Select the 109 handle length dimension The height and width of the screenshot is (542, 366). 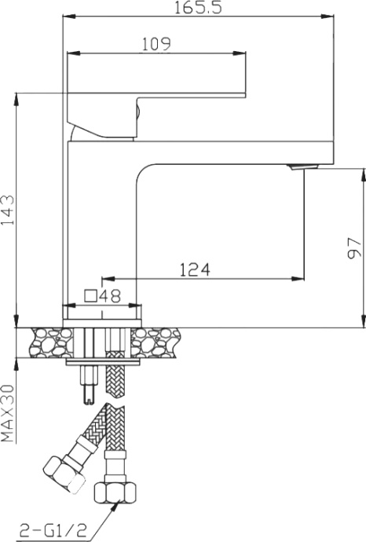click(156, 45)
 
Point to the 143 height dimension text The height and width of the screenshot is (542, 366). click(8, 211)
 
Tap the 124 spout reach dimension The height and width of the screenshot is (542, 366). click(194, 269)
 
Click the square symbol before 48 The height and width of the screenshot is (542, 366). click(90, 296)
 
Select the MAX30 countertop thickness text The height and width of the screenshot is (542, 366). click(8, 413)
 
